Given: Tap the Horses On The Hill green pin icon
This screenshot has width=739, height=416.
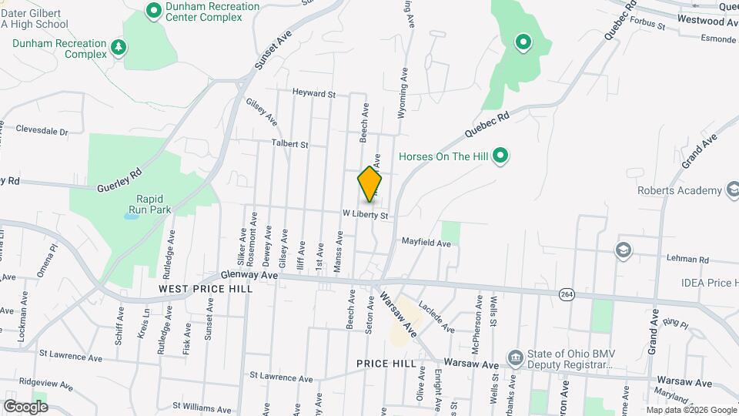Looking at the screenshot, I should point(500,156).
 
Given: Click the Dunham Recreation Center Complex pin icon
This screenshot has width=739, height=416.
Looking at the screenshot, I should point(153,10).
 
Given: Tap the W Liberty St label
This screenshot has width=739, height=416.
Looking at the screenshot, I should point(365,213).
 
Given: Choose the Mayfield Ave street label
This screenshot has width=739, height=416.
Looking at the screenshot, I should point(426,243).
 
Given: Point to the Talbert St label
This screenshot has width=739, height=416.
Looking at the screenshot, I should point(289,143).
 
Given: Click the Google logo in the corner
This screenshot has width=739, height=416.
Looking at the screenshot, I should point(25,406).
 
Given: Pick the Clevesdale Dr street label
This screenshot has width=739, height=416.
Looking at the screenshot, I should point(42,131).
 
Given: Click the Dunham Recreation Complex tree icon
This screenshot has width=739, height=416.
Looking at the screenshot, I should point(118,48).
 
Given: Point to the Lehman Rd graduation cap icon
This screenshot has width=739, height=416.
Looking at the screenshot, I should point(621,250).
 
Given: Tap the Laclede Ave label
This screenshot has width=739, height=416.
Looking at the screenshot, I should point(438,317).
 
